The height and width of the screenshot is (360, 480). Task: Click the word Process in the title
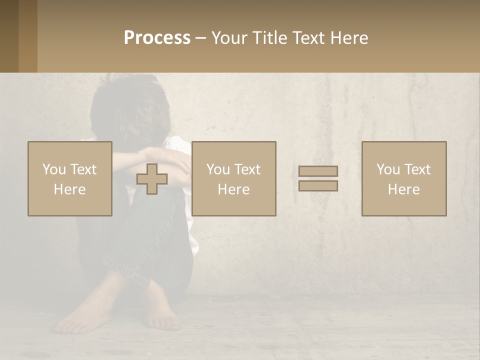click(x=157, y=38)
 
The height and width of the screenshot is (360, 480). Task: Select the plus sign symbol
click(x=152, y=179)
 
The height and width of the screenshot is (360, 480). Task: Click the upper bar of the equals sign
click(x=318, y=171)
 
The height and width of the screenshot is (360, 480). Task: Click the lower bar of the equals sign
click(x=318, y=186)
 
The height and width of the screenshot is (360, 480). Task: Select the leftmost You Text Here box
click(x=69, y=178)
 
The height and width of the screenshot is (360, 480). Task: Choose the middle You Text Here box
click(x=233, y=178)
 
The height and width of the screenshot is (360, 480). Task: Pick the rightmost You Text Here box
click(x=403, y=178)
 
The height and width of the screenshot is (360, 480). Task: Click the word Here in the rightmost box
click(x=403, y=189)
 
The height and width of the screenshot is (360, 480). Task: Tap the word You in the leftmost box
click(x=53, y=169)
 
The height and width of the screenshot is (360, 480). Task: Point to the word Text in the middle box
click(x=247, y=169)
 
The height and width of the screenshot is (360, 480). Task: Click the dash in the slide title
click(x=200, y=38)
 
